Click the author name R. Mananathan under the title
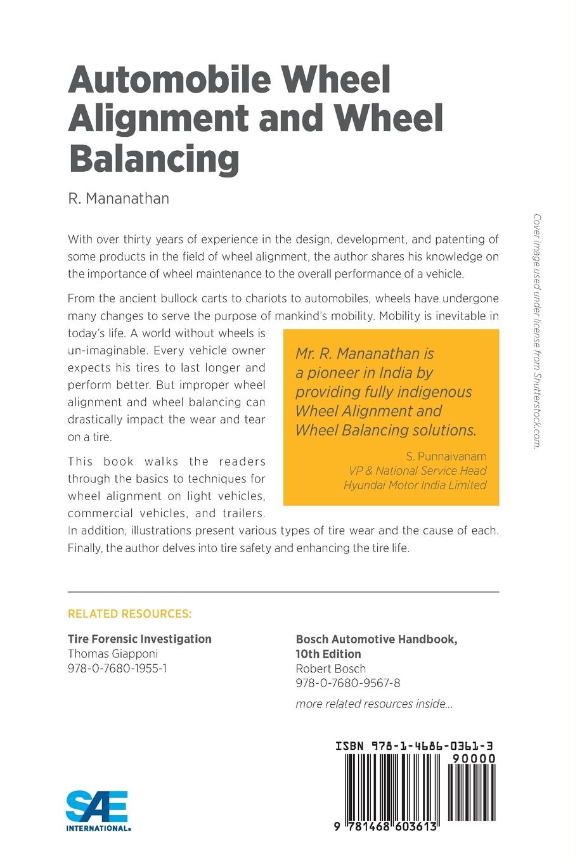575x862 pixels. coord(119,199)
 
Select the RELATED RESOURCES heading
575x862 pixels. coord(129,614)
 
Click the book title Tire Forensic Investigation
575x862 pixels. coord(139,639)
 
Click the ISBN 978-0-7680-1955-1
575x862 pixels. coord(117,668)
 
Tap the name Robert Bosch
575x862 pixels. coord(330,668)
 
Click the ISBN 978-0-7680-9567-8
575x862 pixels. coord(347,683)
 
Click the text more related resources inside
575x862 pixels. coord(374,704)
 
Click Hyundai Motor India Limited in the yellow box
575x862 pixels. coord(415,485)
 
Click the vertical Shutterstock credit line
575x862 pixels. coord(536,331)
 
